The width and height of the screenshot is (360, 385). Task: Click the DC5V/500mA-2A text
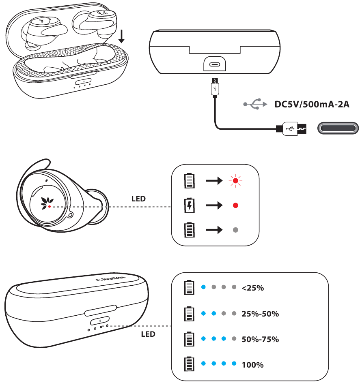coord(312,105)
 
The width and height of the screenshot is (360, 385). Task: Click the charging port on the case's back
coord(214,65)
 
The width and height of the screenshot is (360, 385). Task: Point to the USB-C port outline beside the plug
coord(338,129)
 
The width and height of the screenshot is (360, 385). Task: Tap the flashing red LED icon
coord(235,180)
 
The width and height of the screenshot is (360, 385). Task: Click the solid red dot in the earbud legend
coord(235,205)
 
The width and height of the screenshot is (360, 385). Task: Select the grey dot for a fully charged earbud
coord(235,230)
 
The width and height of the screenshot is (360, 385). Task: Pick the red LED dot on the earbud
coord(49,206)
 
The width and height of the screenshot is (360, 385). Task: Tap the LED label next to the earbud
coord(138,199)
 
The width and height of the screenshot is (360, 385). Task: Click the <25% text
coord(252,288)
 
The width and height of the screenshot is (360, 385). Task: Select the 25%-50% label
coord(260,314)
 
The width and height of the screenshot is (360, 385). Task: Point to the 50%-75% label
coord(260,339)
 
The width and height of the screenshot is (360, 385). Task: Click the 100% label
coord(252,365)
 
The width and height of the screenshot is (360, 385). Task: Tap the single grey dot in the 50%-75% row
coord(234,339)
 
